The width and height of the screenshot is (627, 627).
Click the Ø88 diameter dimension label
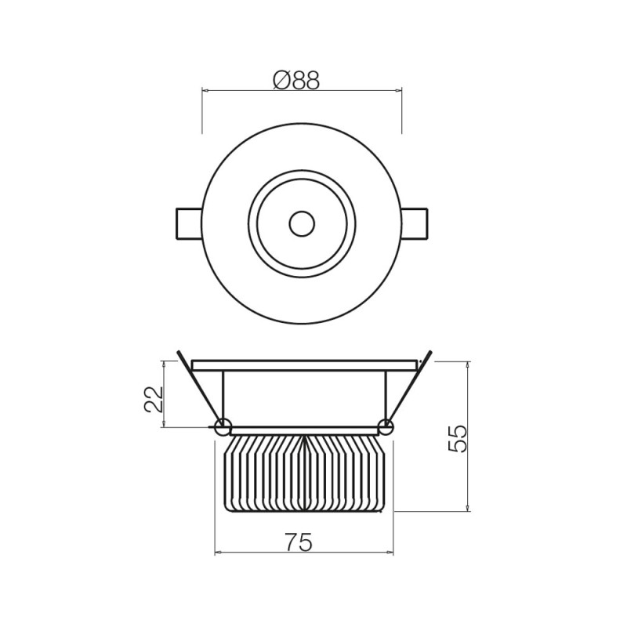[297, 80]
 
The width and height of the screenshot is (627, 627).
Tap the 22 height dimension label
[154, 399]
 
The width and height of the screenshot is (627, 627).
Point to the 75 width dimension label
[298, 542]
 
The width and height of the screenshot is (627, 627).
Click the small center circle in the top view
[302, 223]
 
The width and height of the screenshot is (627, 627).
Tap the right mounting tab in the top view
[415, 223]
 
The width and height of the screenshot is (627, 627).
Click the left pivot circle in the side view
[223, 427]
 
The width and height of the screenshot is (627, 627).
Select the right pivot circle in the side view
[386, 427]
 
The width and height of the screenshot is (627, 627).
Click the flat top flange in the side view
[304, 365]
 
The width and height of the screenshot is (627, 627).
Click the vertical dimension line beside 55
[468, 470]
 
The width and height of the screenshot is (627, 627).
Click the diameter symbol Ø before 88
[282, 80]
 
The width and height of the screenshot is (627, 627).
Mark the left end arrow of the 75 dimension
[217, 553]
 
